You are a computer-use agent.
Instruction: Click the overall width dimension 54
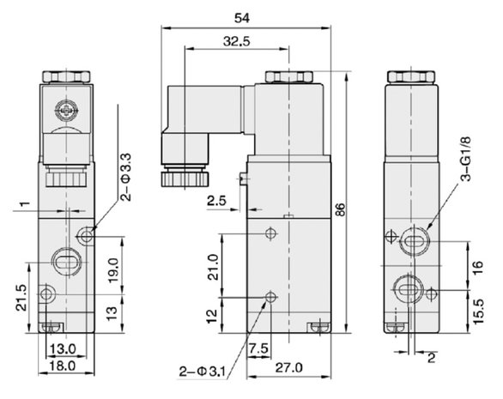coord(242,18)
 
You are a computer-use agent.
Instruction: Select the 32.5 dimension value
coord(237,41)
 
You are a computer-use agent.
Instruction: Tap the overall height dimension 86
coord(341,209)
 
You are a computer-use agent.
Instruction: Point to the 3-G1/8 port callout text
coord(466,159)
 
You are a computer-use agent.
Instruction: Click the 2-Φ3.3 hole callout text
coord(126,177)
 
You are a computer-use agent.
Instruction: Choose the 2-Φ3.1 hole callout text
coord(203,372)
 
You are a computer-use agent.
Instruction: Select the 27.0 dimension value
coord(288,367)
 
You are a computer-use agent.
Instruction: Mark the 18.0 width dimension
coord(63,366)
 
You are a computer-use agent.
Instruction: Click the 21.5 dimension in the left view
coord(22,298)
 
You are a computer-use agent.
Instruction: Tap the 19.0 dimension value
coord(113,270)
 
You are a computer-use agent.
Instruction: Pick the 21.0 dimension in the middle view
coord(213,267)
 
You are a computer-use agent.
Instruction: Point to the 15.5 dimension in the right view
coord(477,311)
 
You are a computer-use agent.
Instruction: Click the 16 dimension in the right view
coord(477,267)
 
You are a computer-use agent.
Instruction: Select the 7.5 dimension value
coord(258,348)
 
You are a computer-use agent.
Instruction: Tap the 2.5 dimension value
coord(216,201)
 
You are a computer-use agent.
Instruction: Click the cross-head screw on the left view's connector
coord(66,111)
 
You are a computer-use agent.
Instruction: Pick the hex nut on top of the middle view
coord(289,76)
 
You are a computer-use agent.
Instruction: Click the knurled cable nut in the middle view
coord(185,179)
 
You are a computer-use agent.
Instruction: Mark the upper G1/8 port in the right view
coord(414,241)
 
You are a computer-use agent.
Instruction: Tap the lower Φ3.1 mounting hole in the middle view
coord(271,298)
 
